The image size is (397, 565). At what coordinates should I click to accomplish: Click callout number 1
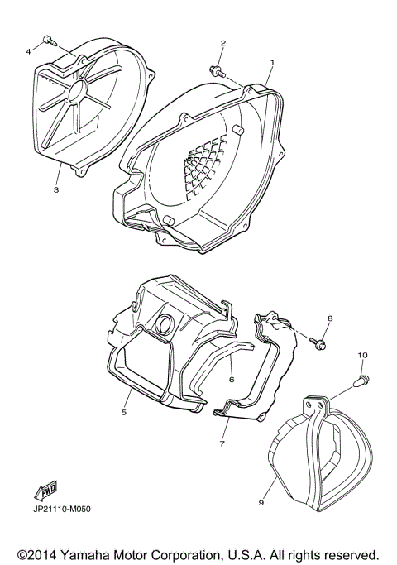[x=272, y=62]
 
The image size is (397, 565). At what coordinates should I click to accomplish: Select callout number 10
[x=361, y=355]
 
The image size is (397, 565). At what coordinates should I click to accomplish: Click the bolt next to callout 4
[x=49, y=39]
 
